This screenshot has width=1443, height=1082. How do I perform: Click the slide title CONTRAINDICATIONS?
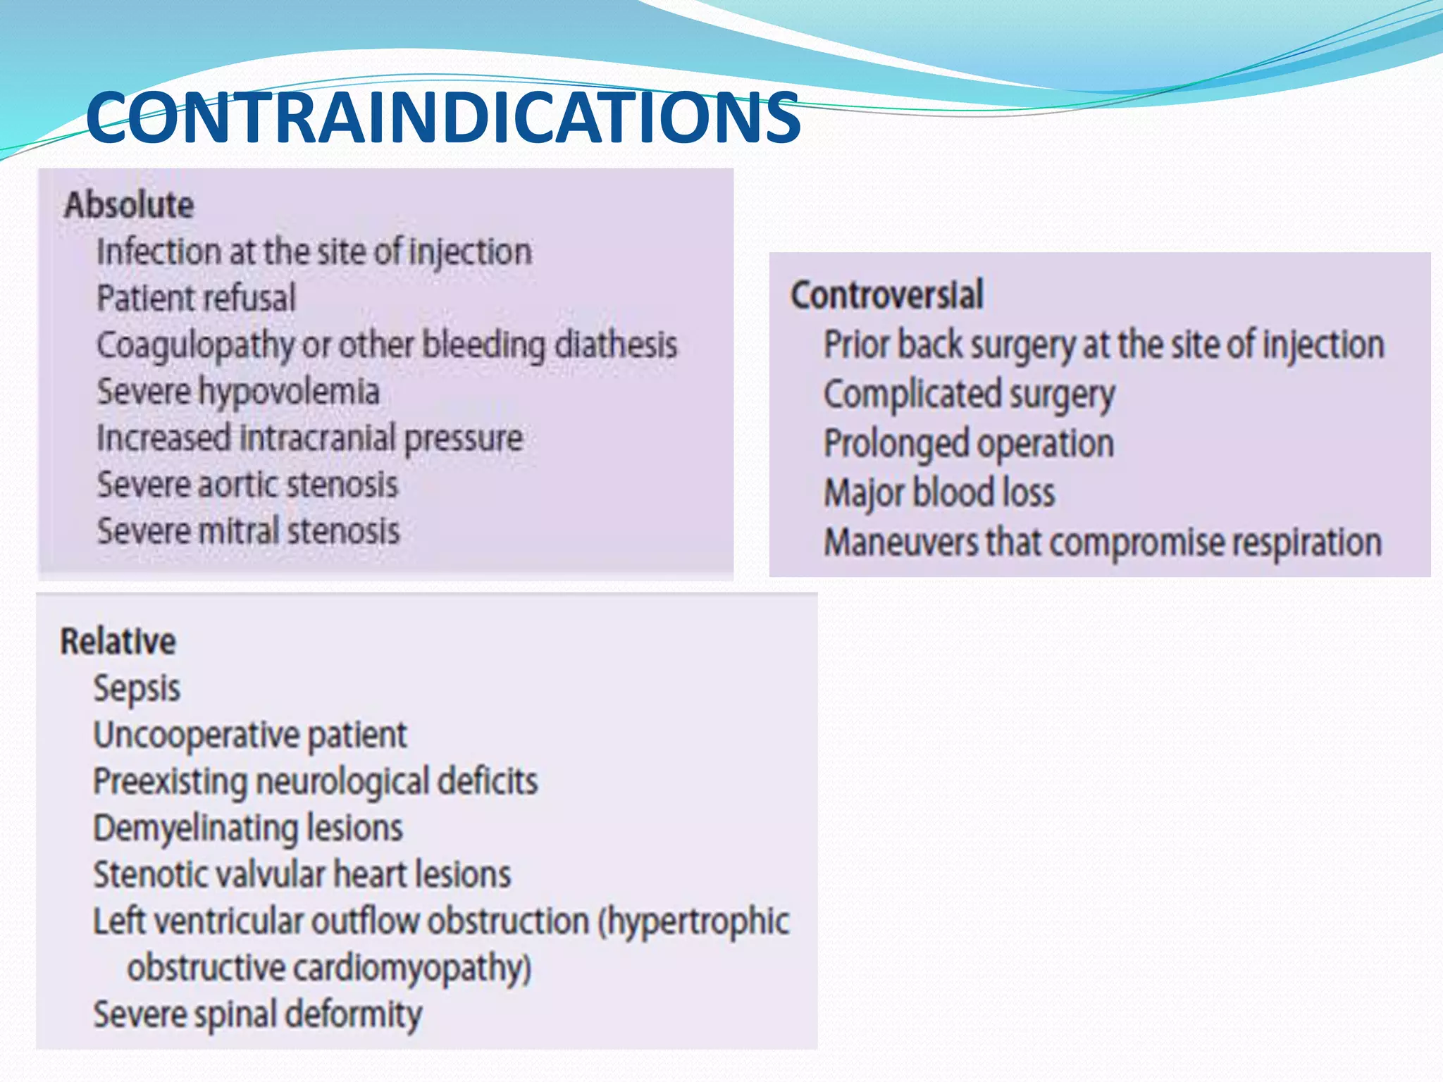(442, 117)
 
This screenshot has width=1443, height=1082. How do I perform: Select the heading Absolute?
(129, 205)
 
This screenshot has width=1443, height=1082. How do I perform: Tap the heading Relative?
(118, 642)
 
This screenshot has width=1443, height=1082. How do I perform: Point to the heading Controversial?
(886, 294)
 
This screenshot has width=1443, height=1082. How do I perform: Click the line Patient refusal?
(196, 298)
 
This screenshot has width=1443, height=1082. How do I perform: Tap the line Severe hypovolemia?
(238, 392)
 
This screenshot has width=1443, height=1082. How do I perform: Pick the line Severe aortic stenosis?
(247, 485)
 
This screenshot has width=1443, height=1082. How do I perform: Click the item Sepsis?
(137, 688)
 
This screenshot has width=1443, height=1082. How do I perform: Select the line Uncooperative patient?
(250, 735)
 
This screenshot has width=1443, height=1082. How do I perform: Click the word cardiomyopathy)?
(411, 968)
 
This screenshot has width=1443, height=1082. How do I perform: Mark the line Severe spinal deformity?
(257, 1015)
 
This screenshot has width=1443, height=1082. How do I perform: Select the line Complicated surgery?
(969, 394)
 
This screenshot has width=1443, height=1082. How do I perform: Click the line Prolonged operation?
(969, 444)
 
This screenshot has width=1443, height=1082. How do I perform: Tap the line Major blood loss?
(939, 493)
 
